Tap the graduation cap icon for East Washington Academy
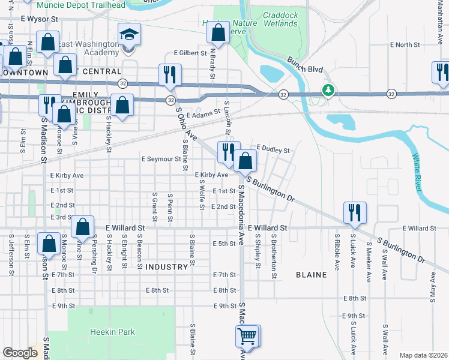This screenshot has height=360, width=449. [128, 35]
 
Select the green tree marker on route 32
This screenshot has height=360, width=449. [327, 91]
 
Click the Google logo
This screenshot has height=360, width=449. [20, 353]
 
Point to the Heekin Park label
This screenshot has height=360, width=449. [113, 332]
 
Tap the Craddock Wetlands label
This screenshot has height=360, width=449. [280, 19]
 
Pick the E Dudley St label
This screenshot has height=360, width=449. [273, 149]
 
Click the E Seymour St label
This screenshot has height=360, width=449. [160, 159]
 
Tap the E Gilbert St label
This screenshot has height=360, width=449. [190, 53]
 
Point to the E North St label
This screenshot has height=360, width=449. [405, 45]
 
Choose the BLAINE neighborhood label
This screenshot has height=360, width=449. [311, 275]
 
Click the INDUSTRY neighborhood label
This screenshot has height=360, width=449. [166, 266]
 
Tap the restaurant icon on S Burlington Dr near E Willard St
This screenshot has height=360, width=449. [354, 212]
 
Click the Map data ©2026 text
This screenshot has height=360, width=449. [423, 355]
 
